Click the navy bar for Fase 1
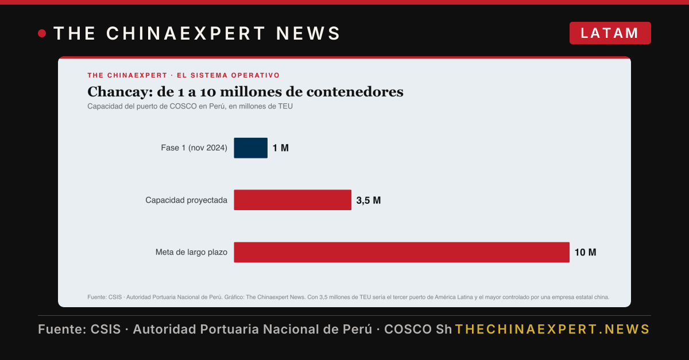point(251,148)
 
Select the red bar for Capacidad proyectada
point(292,200)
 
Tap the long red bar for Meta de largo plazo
point(402,252)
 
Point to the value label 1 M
point(281,148)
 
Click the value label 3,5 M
point(369,200)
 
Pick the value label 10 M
point(585,252)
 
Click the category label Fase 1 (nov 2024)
point(194,148)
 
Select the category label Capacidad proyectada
point(187,200)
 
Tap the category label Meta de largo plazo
point(191,252)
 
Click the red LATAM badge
point(610,33)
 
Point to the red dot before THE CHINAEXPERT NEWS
point(42,33)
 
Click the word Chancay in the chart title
point(120,92)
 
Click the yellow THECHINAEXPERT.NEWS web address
point(552,329)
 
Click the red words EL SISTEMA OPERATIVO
point(229,75)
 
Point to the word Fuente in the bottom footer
point(62,329)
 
